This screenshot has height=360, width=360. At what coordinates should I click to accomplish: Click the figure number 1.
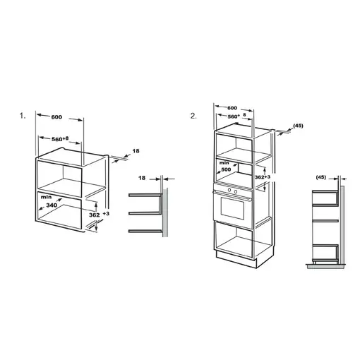point(23,116)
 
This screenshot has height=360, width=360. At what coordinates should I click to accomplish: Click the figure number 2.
point(193,116)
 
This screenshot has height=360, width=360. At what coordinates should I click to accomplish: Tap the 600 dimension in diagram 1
point(56,117)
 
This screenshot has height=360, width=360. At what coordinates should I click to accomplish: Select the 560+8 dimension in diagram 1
point(60,139)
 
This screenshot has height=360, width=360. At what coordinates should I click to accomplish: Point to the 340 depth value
point(52,205)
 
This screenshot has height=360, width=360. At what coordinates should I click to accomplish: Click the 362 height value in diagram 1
point(95,215)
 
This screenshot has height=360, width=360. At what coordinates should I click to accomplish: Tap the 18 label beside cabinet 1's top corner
point(136,151)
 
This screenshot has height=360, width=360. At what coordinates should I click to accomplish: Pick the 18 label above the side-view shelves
point(142,178)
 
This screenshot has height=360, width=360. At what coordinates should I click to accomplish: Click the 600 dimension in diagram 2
point(232,108)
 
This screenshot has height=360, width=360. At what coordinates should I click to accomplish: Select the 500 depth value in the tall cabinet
point(226,169)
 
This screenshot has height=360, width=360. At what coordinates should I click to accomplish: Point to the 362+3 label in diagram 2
point(263,177)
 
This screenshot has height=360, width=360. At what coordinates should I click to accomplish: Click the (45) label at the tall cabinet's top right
point(298,126)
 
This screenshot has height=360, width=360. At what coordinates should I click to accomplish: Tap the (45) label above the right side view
point(321,177)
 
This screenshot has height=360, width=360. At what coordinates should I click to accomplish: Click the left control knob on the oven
point(230,190)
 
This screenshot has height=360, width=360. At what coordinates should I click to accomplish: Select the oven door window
point(232,208)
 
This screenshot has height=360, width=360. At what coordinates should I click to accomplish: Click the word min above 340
point(46,197)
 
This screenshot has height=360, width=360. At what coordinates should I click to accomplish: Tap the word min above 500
point(224,162)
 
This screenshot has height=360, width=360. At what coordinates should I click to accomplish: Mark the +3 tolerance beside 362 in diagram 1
point(106,213)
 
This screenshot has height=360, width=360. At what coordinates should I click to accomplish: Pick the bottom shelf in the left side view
point(145,231)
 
